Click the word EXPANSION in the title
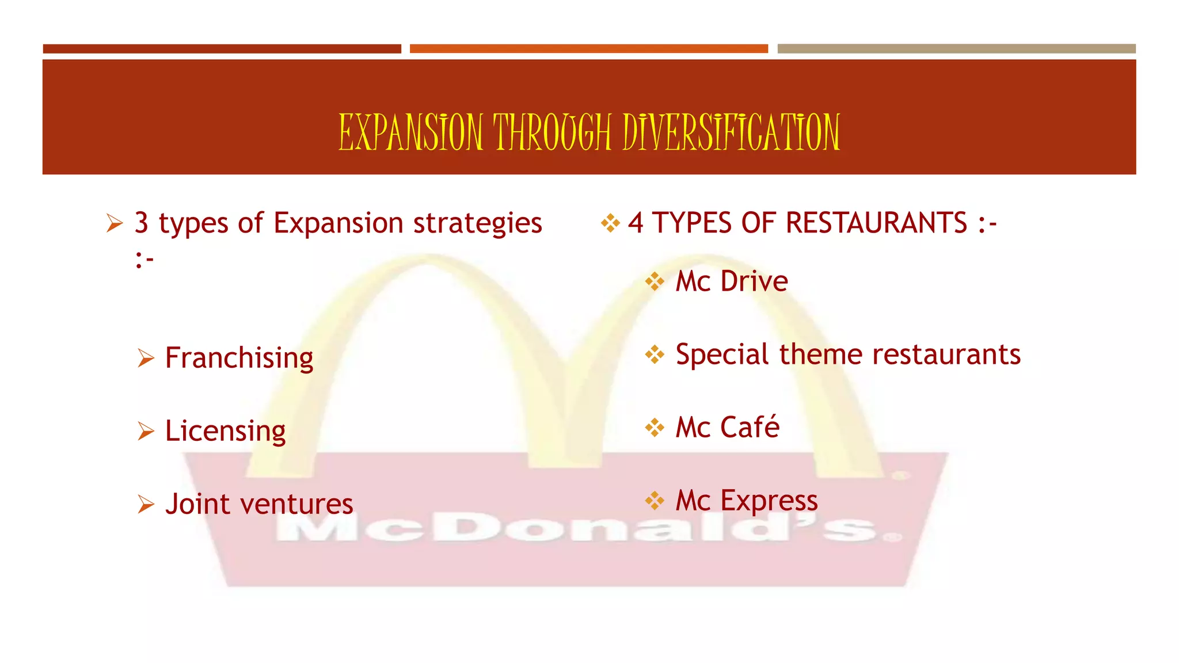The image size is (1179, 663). pos(410,132)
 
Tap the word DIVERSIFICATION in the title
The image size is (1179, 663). pos(731,132)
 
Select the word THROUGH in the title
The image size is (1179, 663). pos(552,132)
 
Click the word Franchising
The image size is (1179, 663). pos(239,358)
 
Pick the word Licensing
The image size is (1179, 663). pos(225,431)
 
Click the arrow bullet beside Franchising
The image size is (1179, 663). pos(146,358)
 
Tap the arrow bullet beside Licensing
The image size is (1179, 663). pos(146,431)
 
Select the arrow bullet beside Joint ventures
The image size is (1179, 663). pos(146,504)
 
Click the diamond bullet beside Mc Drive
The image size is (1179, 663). pos(655,281)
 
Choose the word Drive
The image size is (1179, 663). pos(754,281)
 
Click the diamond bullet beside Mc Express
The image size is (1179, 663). pos(655,501)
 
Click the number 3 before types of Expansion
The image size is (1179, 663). pos(142,223)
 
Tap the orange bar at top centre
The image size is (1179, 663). pos(588,49)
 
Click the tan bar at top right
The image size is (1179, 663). pos(956,49)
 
